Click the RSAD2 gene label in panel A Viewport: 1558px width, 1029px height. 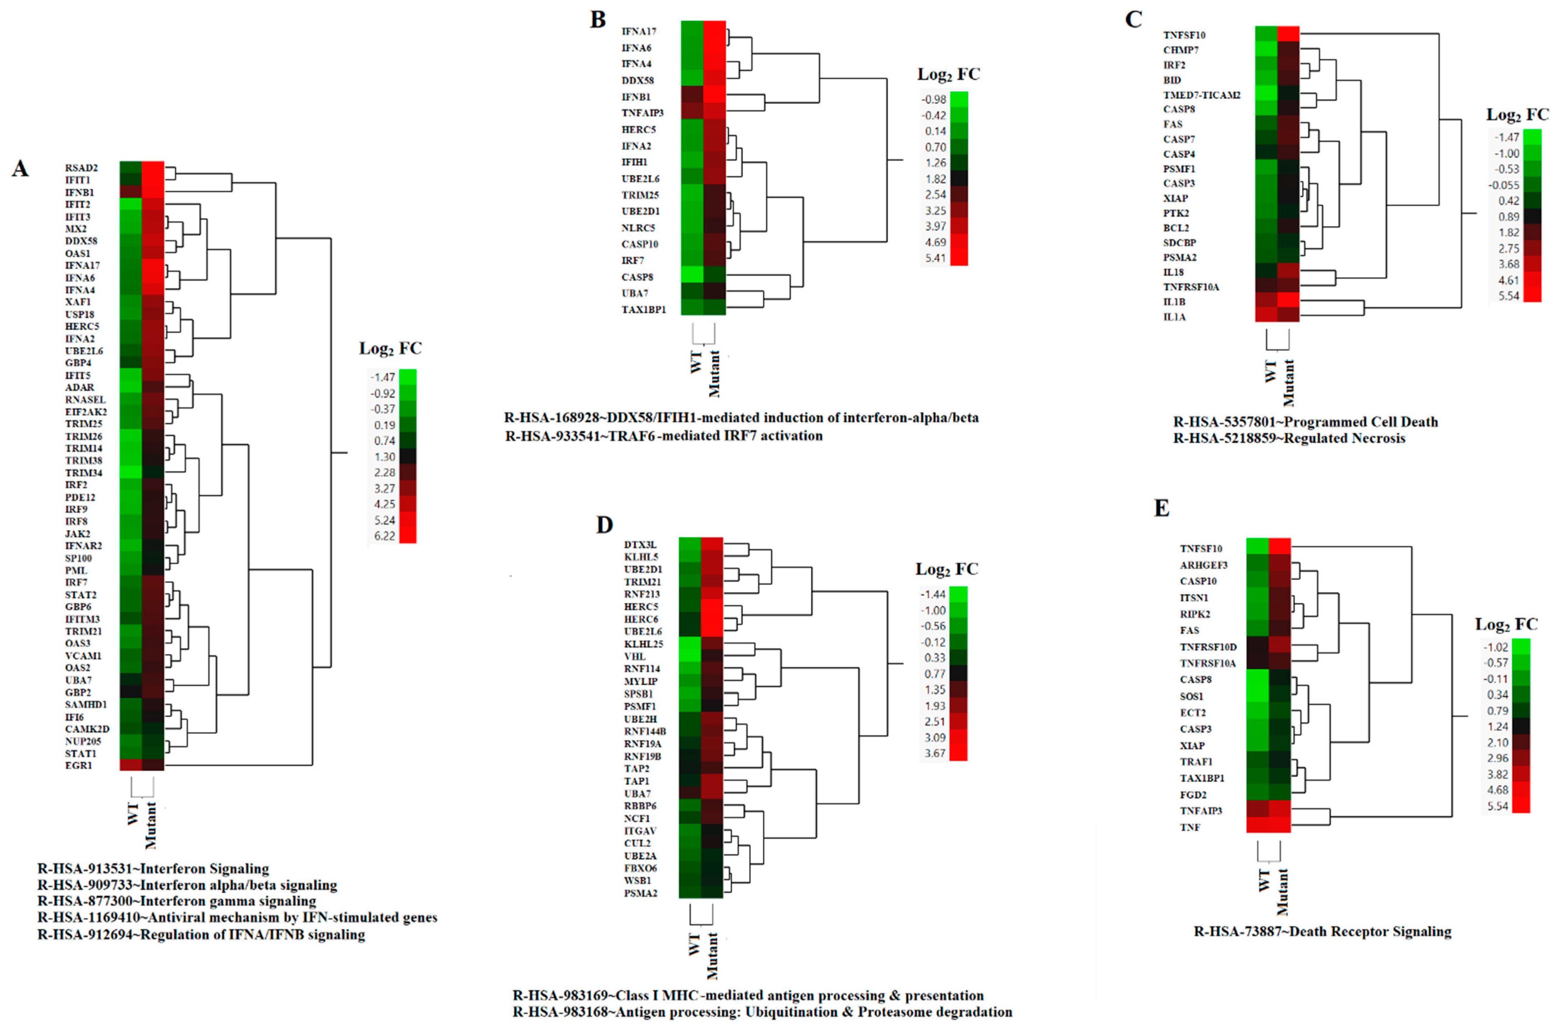81,168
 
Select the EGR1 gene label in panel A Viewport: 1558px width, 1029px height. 79,765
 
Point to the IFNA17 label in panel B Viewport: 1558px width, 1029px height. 639,31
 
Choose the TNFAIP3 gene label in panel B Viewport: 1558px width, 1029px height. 642,113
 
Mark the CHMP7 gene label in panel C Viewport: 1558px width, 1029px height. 1181,50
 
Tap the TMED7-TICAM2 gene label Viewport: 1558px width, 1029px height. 1202,95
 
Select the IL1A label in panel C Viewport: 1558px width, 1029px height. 1175,317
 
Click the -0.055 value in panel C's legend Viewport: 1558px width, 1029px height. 1503,185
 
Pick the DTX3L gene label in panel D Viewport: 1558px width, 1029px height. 640,545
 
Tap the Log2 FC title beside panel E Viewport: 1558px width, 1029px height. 1506,624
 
